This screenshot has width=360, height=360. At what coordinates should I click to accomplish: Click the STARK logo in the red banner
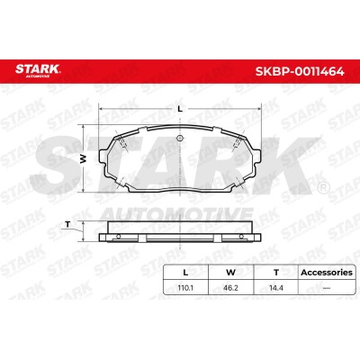[38, 70]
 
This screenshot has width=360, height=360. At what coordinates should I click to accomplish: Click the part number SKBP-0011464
[300, 72]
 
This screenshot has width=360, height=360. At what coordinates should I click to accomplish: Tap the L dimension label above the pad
[180, 109]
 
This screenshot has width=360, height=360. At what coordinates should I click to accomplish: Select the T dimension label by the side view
[67, 224]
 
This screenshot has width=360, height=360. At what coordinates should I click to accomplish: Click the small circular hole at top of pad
[180, 139]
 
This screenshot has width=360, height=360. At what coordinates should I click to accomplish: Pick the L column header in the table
[185, 273]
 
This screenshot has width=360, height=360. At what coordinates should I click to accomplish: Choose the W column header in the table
[230, 273]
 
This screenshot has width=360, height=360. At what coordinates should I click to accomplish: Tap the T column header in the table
[276, 273]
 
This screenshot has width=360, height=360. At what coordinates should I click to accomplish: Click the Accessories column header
[327, 273]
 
